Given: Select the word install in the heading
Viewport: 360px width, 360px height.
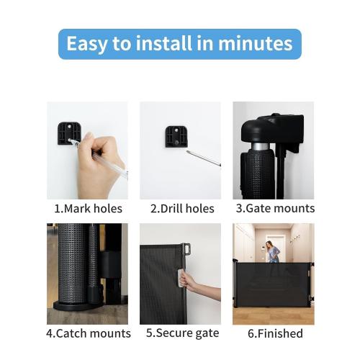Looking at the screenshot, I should point(156,44).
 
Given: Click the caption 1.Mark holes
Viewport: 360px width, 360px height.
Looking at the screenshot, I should point(88,209).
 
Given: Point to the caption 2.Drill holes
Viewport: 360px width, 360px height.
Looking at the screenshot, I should point(182,209).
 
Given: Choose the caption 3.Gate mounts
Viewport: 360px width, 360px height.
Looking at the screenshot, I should point(275,209).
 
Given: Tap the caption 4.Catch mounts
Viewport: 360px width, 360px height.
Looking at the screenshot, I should point(88,333).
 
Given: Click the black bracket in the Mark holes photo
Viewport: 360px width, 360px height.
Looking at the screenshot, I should point(68,133).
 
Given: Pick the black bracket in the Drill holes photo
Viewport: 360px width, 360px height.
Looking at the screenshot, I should point(175,135).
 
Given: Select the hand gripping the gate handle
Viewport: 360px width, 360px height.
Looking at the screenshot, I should point(193,279).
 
